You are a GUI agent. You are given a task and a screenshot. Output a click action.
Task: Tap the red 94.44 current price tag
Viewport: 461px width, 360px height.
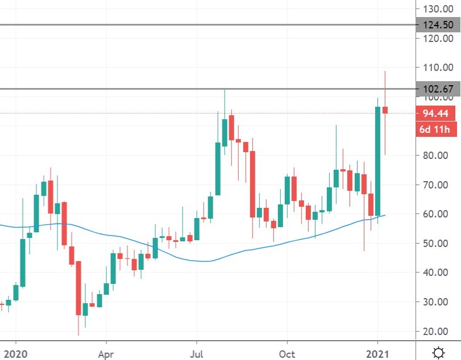pyautogui.click(x=436, y=114)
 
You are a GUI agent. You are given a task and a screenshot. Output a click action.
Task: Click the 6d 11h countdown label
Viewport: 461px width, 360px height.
pyautogui.click(x=436, y=130)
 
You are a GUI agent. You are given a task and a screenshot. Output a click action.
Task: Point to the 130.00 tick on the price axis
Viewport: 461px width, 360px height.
pyautogui.click(x=438, y=9)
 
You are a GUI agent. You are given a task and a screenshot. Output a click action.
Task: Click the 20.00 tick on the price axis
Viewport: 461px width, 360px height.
pyautogui.click(x=438, y=331)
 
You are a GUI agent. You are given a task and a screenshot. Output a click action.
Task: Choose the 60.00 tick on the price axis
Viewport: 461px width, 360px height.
pyautogui.click(x=438, y=214)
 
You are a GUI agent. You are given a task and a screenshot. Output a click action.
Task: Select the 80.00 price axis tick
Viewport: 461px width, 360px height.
pyautogui.click(x=438, y=156)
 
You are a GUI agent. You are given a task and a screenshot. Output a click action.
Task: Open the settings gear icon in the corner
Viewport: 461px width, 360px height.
pyautogui.click(x=438, y=353)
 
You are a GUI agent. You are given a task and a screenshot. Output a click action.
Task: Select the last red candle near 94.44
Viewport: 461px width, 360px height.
pyautogui.click(x=385, y=110)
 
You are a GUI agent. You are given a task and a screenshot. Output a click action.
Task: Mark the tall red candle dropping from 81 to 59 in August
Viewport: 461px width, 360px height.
pyautogui.click(x=252, y=183)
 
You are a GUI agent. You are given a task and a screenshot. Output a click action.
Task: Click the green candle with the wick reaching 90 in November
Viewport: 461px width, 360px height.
pyautogui.click(x=336, y=178)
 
